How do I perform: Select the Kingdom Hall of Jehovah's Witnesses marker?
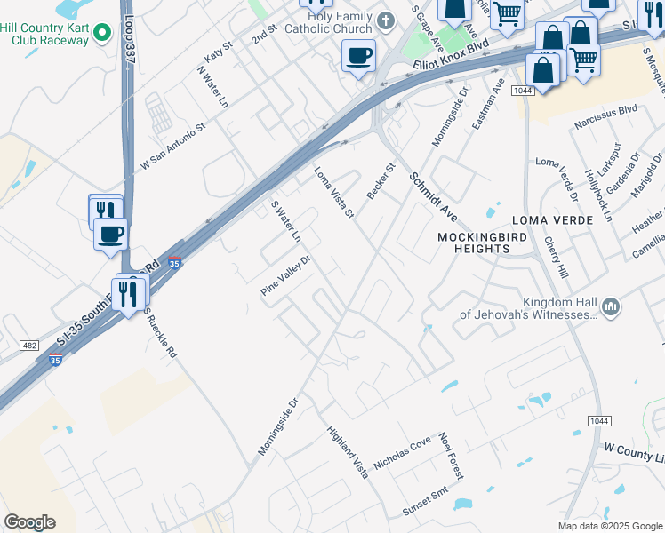[x=610, y=307]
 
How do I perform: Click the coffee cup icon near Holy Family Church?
[x=358, y=57]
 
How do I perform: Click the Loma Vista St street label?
[x=334, y=192]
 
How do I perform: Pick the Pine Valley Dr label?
[x=285, y=276]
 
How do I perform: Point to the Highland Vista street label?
[x=347, y=453]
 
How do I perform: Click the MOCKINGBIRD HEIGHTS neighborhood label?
[x=474, y=243]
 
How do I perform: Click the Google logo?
[x=29, y=522]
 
